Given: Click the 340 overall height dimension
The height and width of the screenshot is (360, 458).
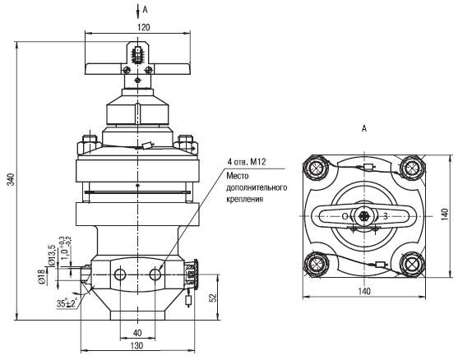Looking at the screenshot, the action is point(11,179).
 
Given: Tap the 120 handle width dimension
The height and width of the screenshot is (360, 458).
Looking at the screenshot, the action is point(143,27).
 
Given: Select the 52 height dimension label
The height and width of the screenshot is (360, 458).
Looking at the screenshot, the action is point(214,298).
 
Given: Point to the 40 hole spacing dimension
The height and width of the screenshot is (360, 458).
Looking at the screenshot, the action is point(137,333).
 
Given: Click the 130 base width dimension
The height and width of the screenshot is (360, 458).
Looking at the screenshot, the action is point(136,346).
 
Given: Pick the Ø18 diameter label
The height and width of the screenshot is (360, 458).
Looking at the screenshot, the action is point(42,276).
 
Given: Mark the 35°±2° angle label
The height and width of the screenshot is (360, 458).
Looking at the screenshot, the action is point(67,303).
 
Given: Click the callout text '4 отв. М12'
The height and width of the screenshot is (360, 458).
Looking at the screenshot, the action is point(246,162).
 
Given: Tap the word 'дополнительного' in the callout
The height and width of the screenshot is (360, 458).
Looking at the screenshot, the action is point(257,187).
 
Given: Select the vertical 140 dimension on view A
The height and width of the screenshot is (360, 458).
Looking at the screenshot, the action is point(445,214).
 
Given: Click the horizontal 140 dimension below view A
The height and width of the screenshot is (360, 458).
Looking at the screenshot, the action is point(364,291).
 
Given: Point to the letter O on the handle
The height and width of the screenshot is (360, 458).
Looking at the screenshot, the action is point(345,216).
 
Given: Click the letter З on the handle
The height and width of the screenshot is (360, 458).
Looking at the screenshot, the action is point(386,216).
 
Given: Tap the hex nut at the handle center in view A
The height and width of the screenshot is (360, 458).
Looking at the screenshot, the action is point(364,216).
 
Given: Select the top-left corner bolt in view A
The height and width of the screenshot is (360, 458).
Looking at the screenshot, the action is point(316,168).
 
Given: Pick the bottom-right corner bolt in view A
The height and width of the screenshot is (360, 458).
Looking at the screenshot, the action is point(412,264).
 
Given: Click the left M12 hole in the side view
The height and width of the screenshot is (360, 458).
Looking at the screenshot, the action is point(120,275).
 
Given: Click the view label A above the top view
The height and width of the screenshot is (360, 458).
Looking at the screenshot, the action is point(364,128).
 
